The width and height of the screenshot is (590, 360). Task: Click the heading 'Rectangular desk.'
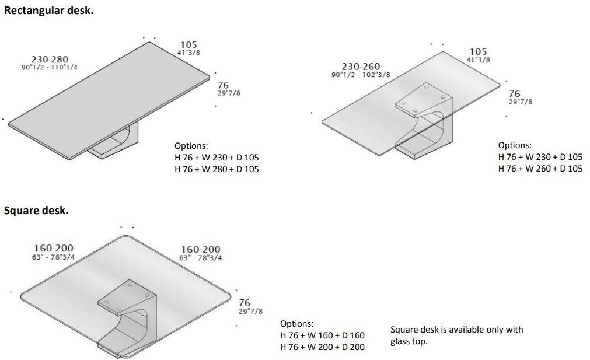tap(48, 11)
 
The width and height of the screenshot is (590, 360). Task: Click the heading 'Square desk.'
tap(36, 211)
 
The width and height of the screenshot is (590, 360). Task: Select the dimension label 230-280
tap(50, 60)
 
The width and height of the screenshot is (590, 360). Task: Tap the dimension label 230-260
tap(361, 67)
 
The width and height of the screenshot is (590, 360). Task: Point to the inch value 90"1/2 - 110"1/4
tap(50, 67)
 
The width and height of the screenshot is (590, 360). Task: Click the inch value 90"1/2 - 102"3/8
tap(361, 75)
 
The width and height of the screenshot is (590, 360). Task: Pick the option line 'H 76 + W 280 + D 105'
tap(217, 169)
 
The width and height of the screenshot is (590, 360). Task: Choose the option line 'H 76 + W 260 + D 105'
tap(540, 169)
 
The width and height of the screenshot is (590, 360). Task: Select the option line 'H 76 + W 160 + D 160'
tap(323, 335)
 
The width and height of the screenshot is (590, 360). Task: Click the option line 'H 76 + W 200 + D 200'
tap(323, 347)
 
